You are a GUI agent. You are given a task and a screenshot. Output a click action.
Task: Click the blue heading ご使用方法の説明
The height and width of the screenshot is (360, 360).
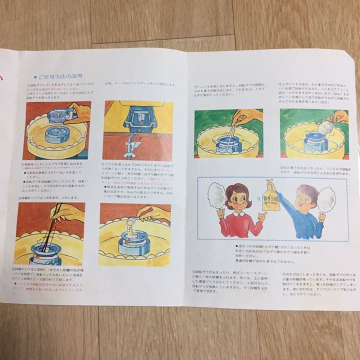coord(60,76)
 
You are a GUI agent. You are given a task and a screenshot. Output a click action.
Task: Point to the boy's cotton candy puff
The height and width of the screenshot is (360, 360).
coord(326,198)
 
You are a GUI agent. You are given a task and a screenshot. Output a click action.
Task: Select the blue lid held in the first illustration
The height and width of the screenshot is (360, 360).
coord(60,114)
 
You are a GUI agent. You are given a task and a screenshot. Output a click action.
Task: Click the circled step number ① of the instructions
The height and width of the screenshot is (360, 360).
coord(29,85)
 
